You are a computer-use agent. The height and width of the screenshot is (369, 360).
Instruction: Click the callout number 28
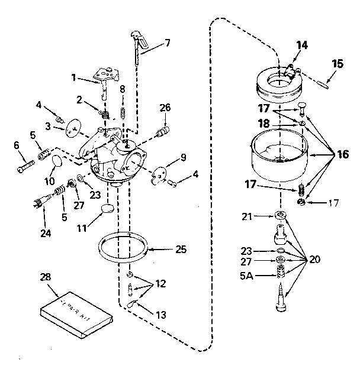click(x=45, y=277)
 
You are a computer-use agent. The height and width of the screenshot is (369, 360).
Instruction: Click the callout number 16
click(x=343, y=154)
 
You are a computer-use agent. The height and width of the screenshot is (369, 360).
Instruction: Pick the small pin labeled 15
click(x=326, y=81)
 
